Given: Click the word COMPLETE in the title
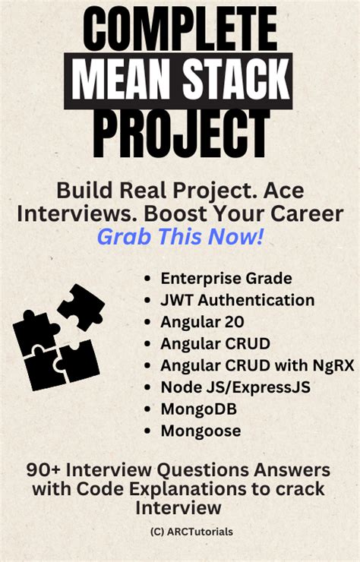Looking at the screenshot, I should [179, 30].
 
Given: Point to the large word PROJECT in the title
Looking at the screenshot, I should [180, 134].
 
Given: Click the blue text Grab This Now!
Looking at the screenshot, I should [180, 237].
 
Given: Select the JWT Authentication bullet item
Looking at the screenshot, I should [237, 300].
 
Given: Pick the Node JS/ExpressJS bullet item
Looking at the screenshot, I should [235, 387].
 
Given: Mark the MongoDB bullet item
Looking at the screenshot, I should [199, 409].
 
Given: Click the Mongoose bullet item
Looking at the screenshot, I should [201, 431].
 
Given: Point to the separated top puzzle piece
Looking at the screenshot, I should [81, 305].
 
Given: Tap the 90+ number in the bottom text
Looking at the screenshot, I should [43, 469].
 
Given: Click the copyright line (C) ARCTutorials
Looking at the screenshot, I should [180, 532].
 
